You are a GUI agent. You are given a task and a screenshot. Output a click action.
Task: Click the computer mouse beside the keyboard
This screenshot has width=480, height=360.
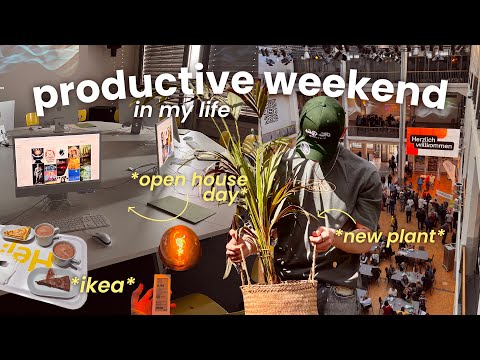102,238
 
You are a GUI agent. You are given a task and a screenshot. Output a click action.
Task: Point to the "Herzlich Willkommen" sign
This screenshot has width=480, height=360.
431,142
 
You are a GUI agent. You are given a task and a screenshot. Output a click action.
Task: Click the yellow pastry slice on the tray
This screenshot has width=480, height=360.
17,233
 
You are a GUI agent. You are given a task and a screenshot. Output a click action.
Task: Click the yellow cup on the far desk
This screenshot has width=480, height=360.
32,119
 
